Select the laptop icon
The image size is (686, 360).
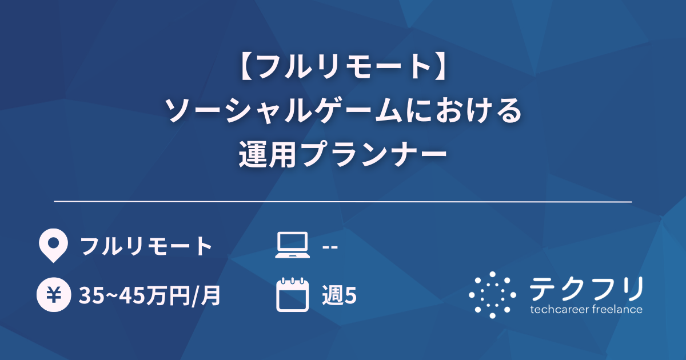point(292,246)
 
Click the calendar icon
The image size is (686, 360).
point(292,295)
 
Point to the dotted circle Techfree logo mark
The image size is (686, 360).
point(492,295)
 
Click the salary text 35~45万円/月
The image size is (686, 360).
point(150,295)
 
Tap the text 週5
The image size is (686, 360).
point(340,295)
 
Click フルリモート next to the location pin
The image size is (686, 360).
point(146,246)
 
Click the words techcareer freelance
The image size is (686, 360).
point(586,310)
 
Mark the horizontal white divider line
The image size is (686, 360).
point(343,202)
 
